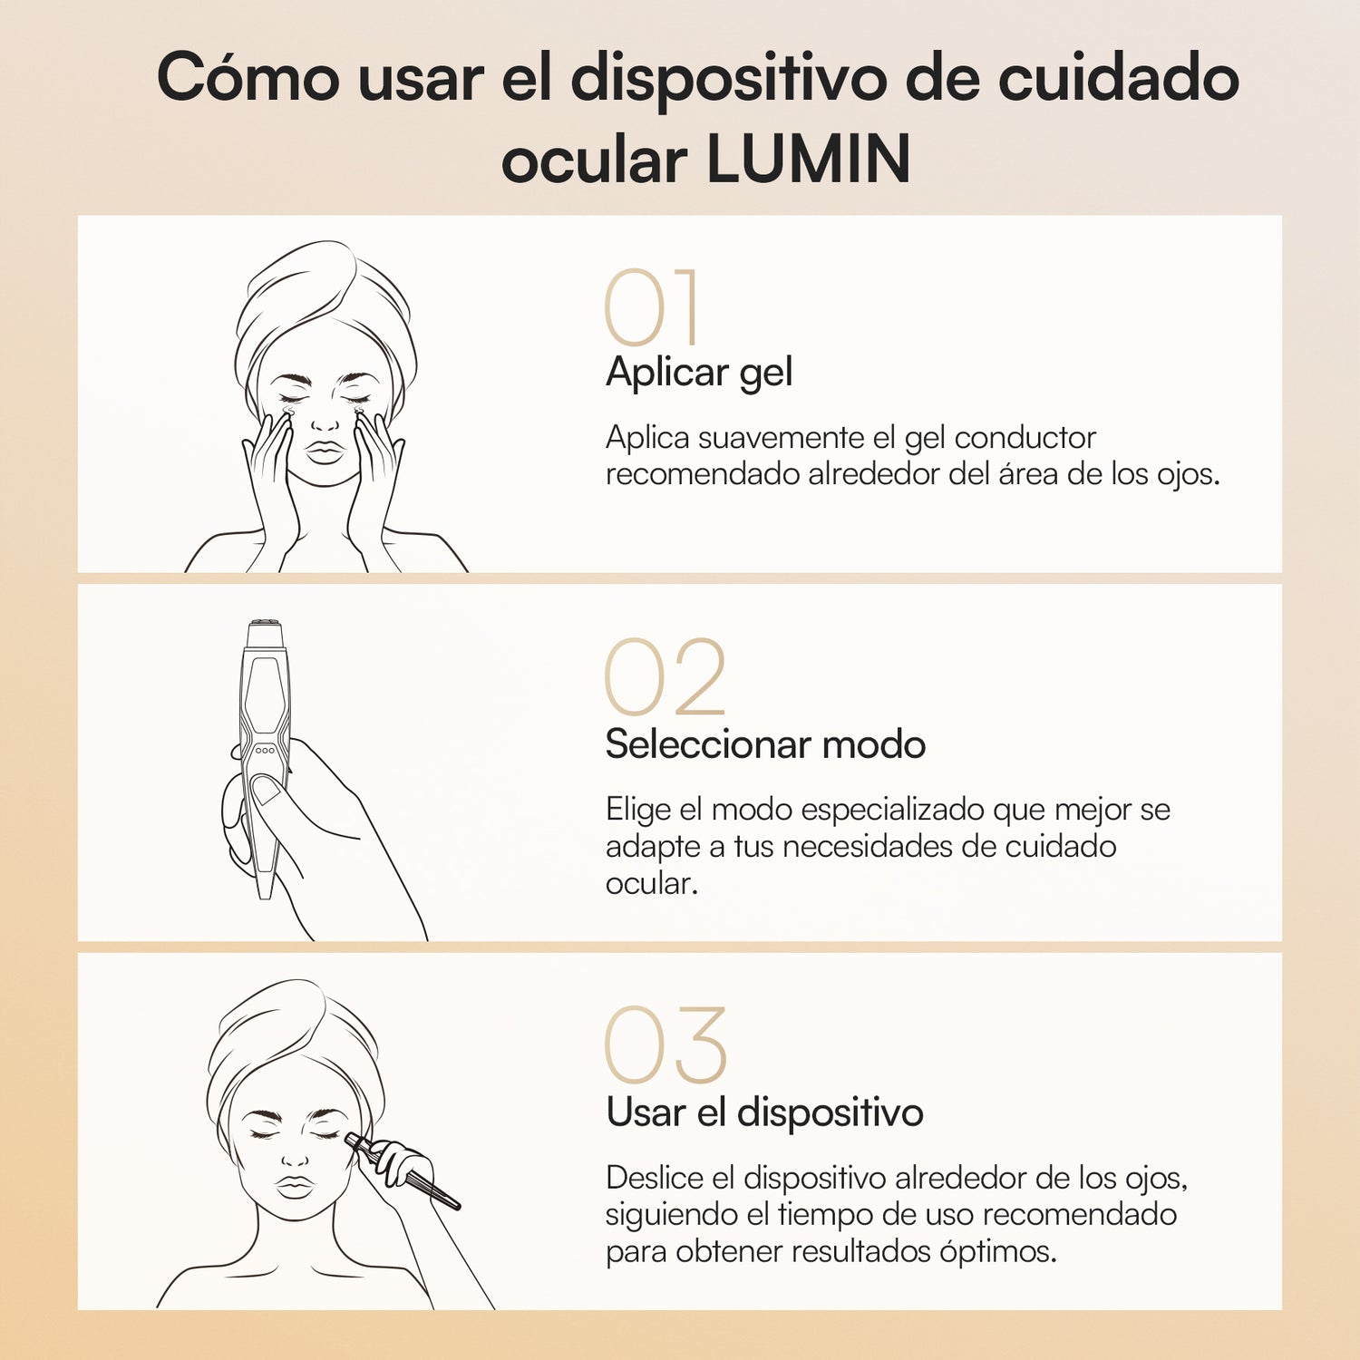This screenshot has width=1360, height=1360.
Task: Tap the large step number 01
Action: pyautogui.click(x=651, y=308)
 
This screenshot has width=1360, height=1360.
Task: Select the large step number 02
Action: pyautogui.click(x=665, y=677)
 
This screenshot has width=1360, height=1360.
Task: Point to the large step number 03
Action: pyautogui.click(x=665, y=1045)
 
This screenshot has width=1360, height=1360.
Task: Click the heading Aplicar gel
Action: pyautogui.click(x=699, y=373)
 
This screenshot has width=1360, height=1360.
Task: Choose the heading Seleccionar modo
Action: pyautogui.click(x=765, y=744)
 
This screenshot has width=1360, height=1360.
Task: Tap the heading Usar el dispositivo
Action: pyautogui.click(x=764, y=1112)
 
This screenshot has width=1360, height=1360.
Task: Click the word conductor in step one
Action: pyautogui.click(x=1025, y=438)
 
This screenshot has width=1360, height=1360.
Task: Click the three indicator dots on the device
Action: pyautogui.click(x=265, y=751)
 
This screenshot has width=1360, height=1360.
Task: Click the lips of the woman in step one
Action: pyautogui.click(x=325, y=452)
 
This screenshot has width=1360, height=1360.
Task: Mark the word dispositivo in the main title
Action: pyautogui.click(x=729, y=79)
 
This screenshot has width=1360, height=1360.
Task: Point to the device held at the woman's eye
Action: pyautogui.click(x=408, y=1174)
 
